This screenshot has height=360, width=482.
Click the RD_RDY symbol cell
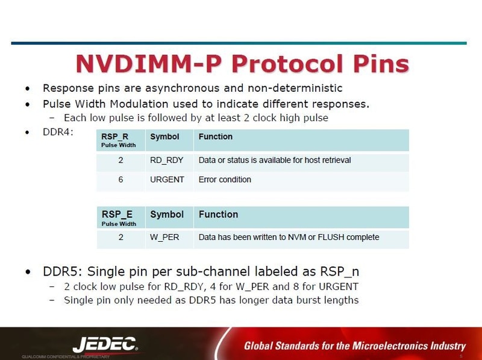point(167,160)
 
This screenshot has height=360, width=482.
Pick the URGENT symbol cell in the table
point(167,180)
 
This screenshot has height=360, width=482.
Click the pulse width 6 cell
point(120,180)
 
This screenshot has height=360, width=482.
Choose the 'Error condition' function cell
point(225,180)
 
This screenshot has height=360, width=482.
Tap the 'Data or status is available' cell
point(274,160)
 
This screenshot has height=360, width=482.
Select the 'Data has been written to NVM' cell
point(289,237)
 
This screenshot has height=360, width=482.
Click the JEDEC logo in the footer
point(105,344)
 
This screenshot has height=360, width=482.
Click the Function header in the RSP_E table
point(218,215)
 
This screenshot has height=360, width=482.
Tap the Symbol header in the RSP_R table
point(164,137)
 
